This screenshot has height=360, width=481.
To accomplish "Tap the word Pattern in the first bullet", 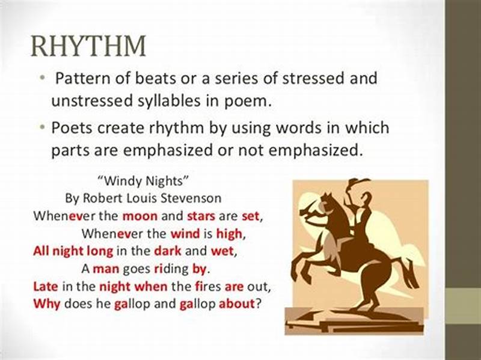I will click(80, 78).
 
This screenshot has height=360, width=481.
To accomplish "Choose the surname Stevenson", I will click(192, 197).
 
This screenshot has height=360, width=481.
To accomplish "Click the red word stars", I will click(203, 215).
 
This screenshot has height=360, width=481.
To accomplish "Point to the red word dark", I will click(167, 250).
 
